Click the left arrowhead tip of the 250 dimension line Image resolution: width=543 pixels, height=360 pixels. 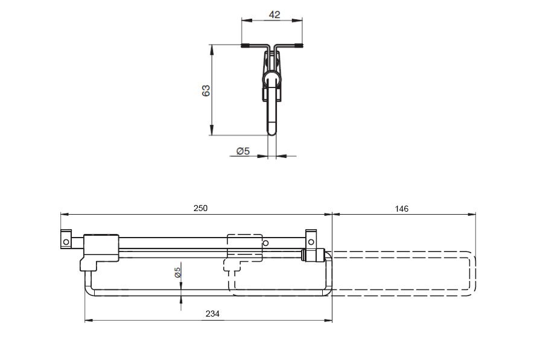click(60, 215)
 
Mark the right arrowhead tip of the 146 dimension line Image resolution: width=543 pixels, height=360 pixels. click(475, 215)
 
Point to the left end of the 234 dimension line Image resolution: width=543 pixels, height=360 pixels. click(85, 321)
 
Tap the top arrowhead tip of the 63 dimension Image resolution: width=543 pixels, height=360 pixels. click(211, 45)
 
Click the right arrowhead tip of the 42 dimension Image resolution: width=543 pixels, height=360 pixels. click(302, 21)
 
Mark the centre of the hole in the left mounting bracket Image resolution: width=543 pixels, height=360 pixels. click(66, 242)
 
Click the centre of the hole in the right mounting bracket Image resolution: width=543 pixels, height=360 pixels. click(311, 242)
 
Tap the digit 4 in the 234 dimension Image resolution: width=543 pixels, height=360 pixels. click(217, 314)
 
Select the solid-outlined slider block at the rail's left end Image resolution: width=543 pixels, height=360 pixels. click(100, 252)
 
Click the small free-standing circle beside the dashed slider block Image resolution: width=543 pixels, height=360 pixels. click(265, 244)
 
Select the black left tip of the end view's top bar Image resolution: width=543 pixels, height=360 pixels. click(245, 45)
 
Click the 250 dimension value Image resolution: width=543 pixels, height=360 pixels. click(200, 208)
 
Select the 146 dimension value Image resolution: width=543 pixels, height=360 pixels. click(402, 209)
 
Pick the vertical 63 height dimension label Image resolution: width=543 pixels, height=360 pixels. click(206, 90)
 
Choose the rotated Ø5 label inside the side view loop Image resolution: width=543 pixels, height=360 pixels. click(177, 273)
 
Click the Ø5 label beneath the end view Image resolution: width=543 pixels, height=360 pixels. click(243, 151)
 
